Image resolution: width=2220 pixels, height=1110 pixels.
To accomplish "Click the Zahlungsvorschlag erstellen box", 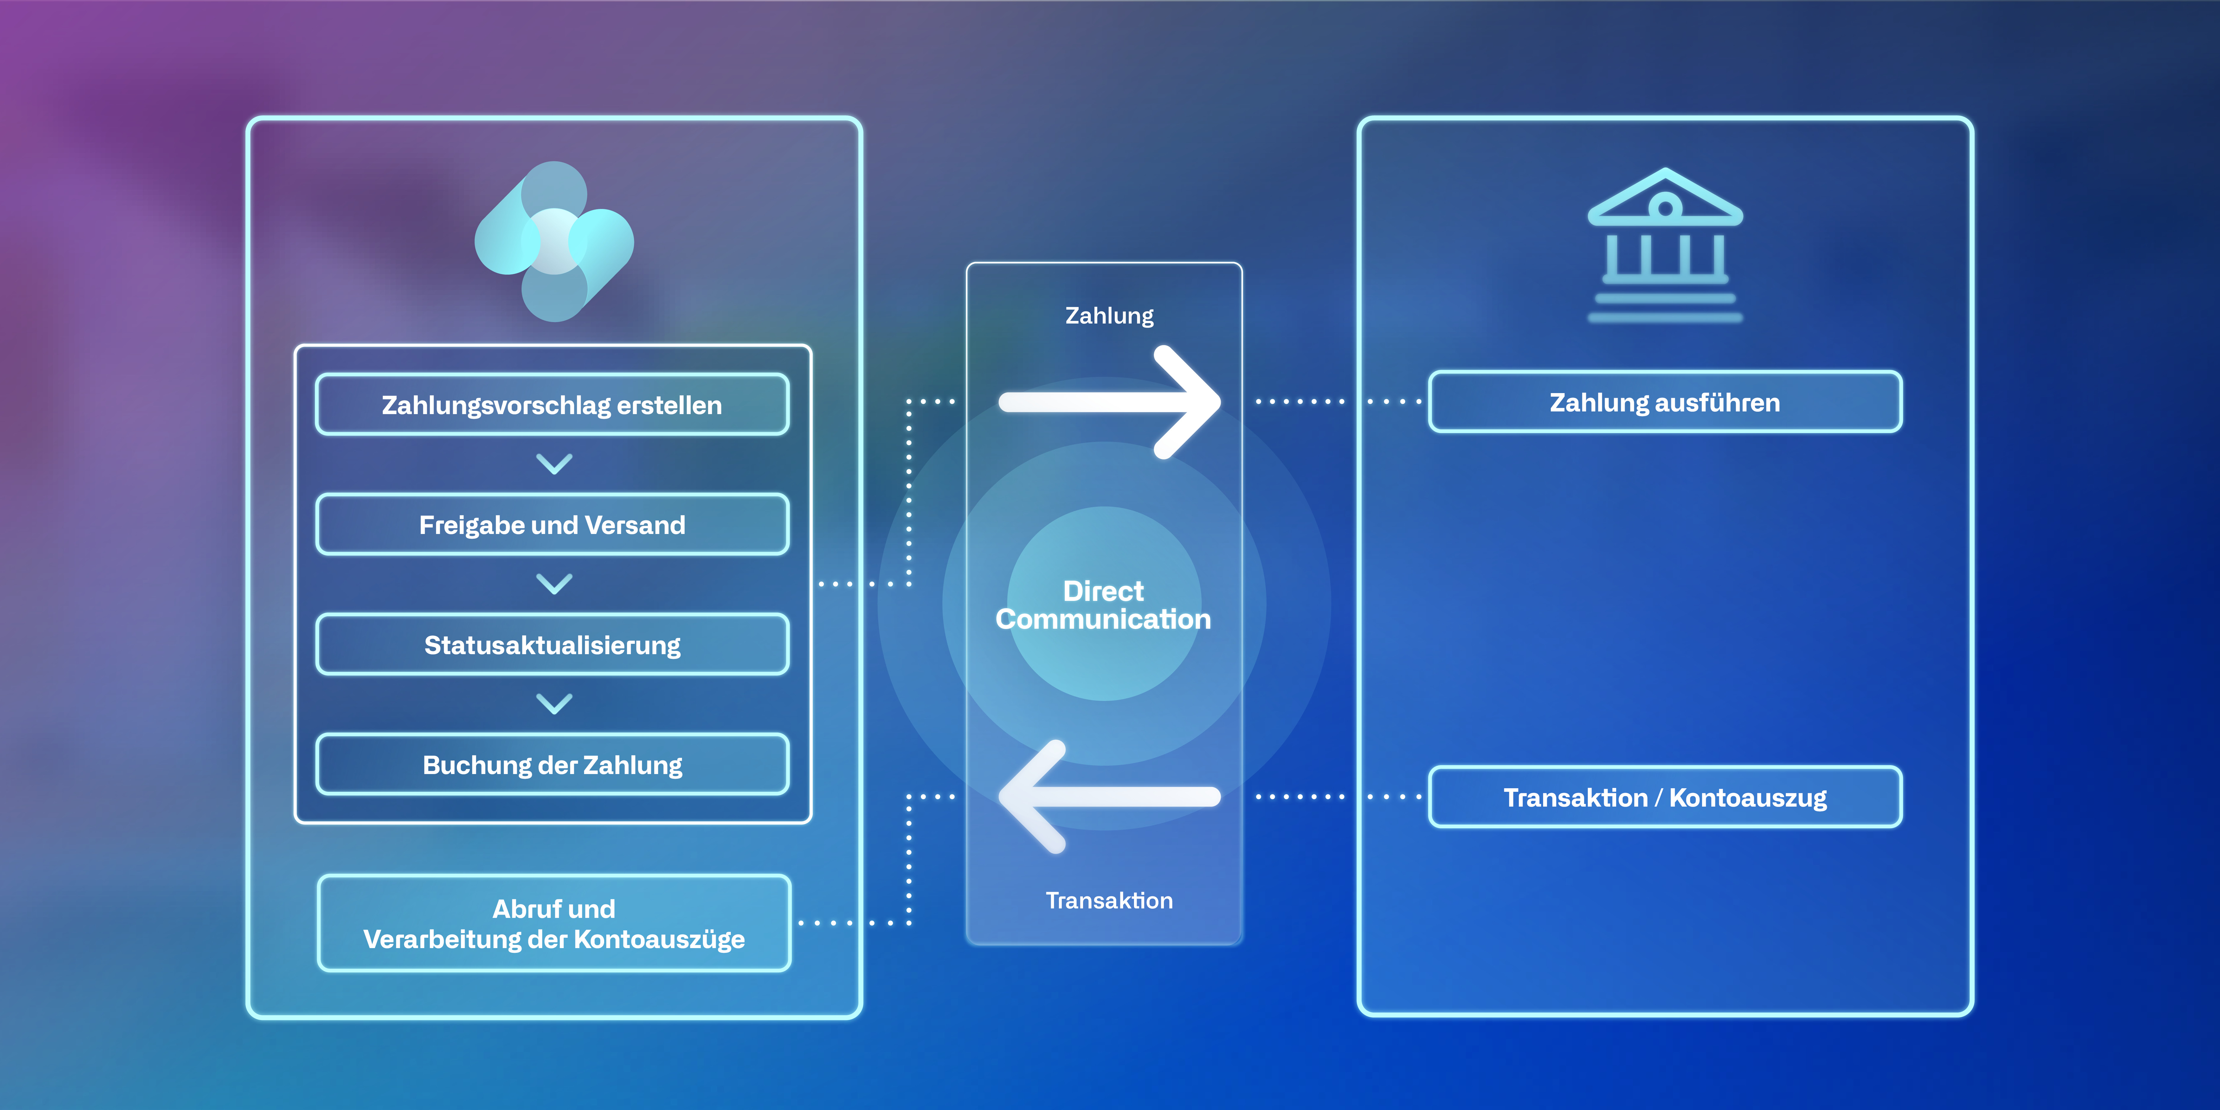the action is coord(552,404).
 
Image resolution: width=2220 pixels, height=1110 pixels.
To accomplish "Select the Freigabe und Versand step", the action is coord(552,524).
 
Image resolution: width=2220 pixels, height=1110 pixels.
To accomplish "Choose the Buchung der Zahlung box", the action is coord(552,764).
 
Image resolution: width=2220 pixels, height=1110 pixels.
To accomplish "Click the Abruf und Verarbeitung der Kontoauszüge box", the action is coord(554,923).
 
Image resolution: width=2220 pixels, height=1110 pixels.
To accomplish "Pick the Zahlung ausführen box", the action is coord(1665,402).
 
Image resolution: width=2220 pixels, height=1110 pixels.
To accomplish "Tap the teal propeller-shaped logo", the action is coord(554,241).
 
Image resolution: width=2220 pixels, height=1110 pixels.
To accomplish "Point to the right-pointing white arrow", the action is coord(1109,402).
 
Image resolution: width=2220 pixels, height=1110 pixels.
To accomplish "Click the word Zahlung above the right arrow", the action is coord(1109,316).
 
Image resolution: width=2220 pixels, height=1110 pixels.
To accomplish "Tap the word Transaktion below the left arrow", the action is coord(1109,901).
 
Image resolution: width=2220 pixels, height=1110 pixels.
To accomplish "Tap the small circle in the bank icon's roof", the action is coord(1665,207).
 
